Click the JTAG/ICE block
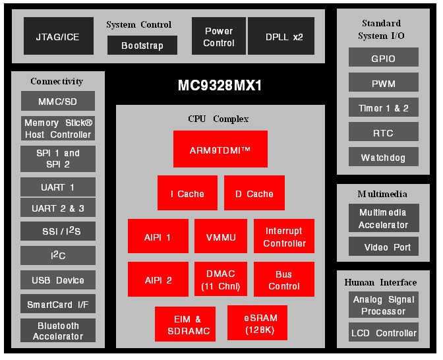coord(58,36)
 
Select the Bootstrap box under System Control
coord(142,45)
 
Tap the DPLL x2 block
coord(281,36)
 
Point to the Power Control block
coord(219,36)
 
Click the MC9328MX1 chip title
coord(220,86)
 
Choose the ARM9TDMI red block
coord(220,149)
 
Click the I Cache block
coord(187,193)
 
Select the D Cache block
coord(254,193)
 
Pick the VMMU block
coord(220,237)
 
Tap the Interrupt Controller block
coord(284,237)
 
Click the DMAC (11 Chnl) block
coord(220,280)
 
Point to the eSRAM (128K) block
coord(260,323)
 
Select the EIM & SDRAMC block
coord(185,324)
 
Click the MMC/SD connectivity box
coord(58,102)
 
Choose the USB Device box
coord(58,280)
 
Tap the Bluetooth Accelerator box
coord(58,330)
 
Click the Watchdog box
coord(383,158)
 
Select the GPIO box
coord(383,58)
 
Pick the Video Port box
coord(383,247)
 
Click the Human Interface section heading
coord(380,282)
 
